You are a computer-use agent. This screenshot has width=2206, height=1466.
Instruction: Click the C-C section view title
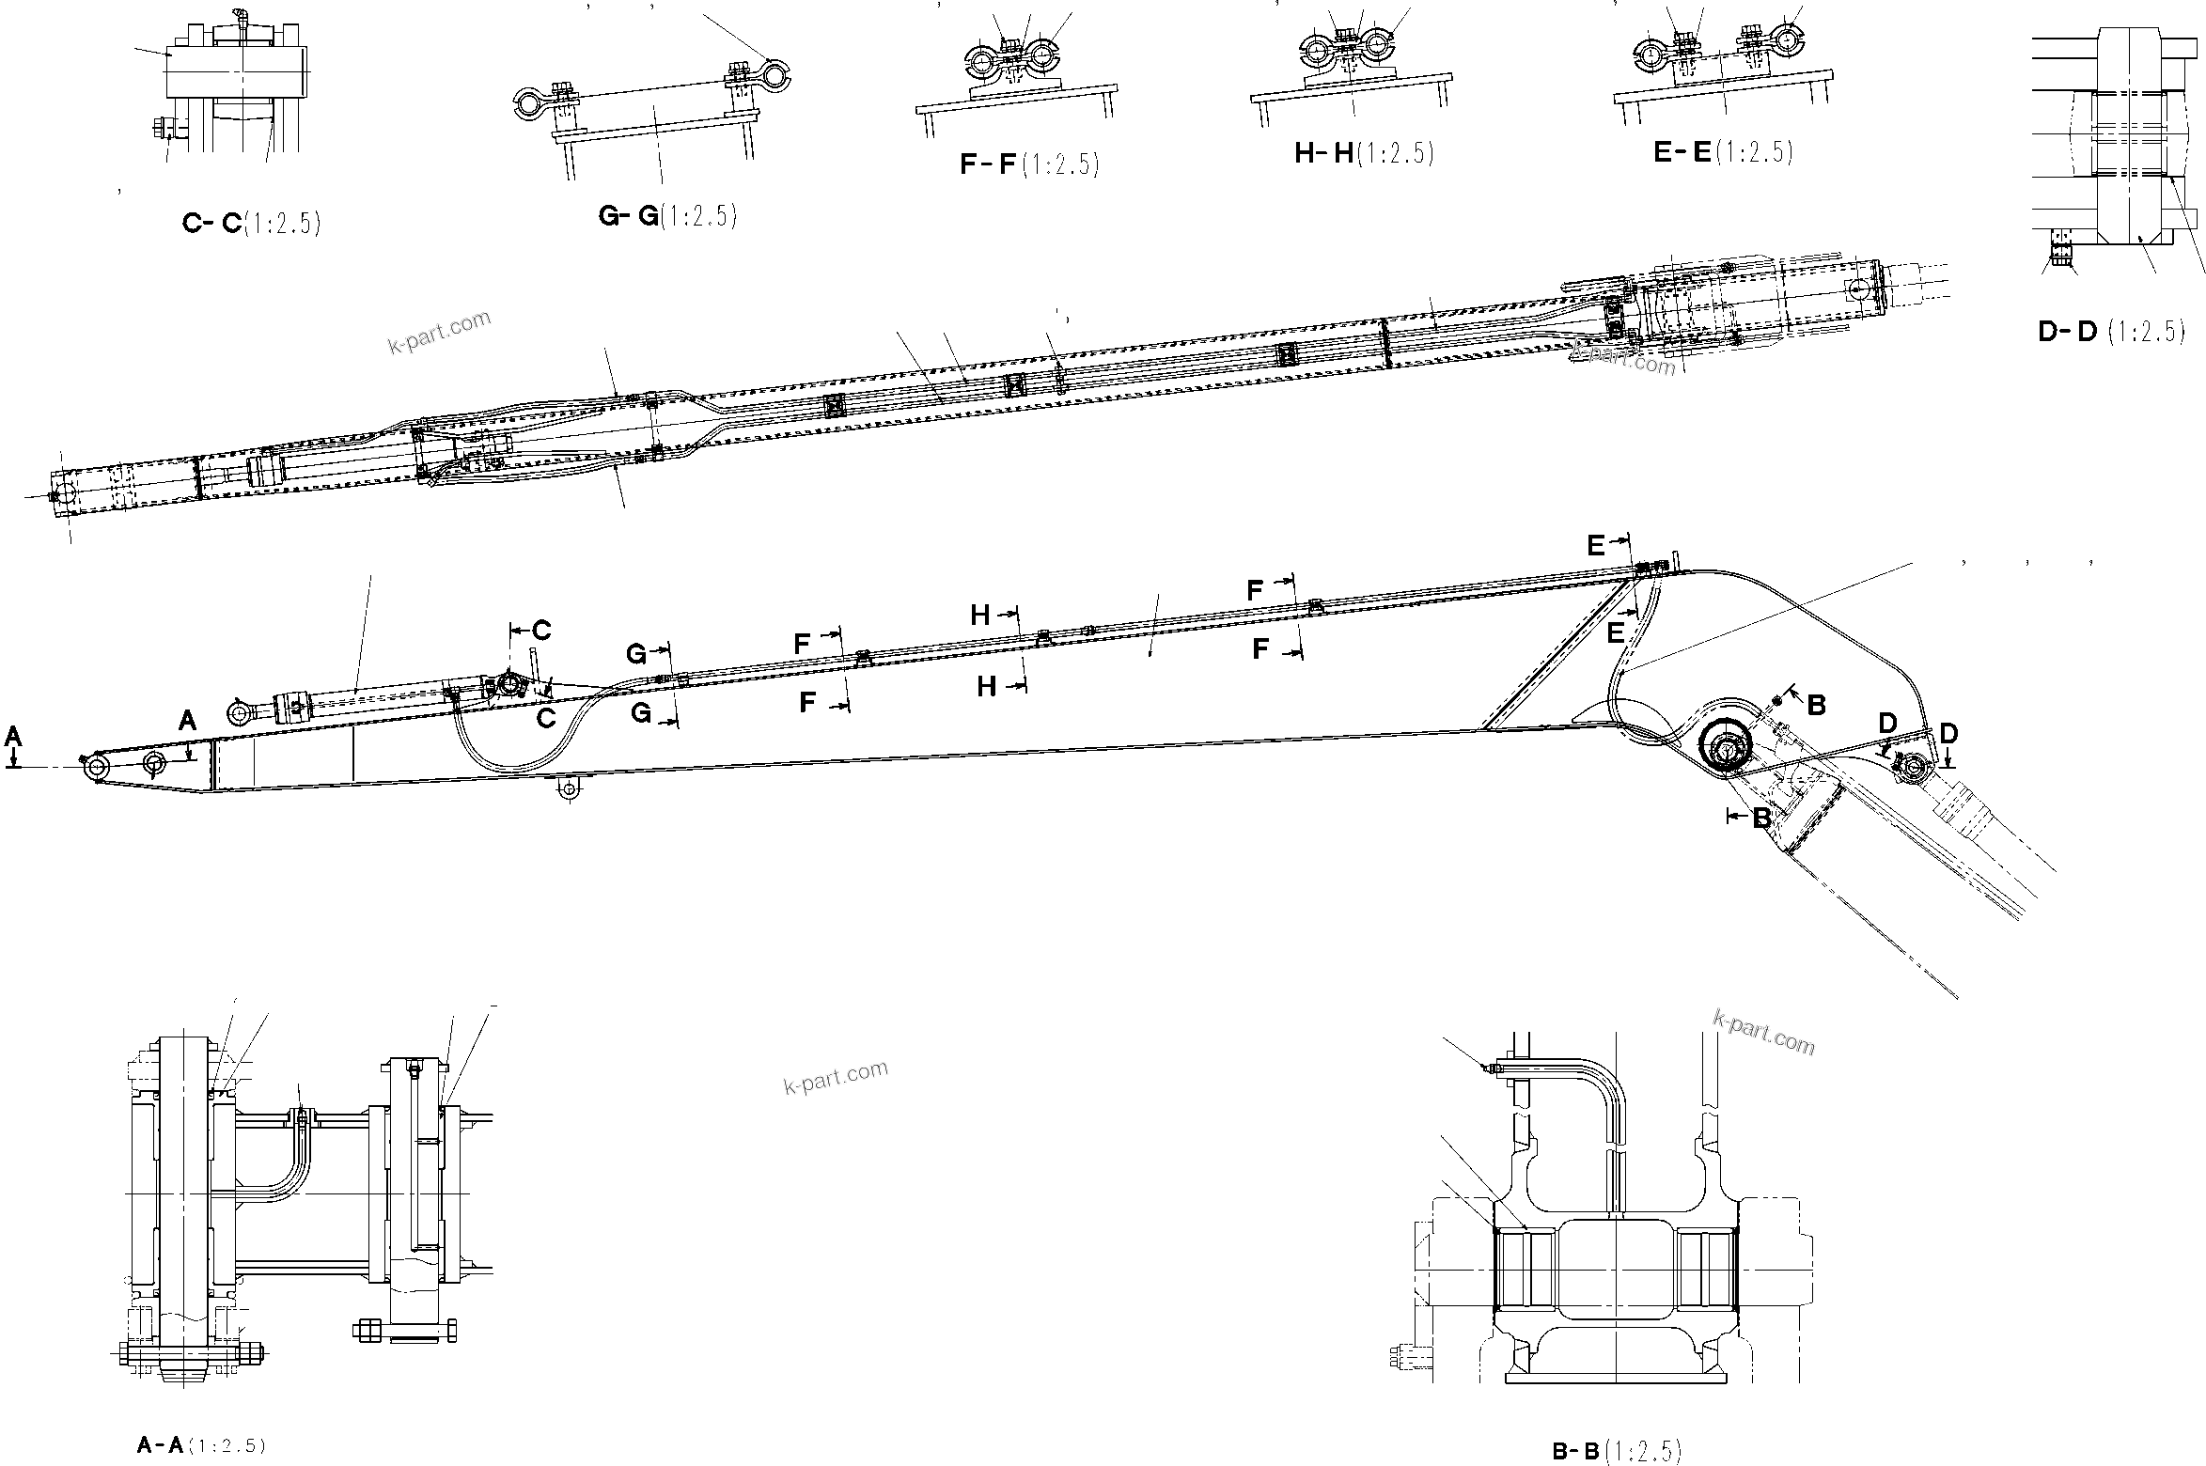[251, 224]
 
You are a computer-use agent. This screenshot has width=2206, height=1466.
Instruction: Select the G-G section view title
[667, 216]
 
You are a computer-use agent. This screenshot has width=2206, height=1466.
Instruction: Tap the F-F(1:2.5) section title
[1028, 164]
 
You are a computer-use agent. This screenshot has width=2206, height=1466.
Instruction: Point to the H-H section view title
[1364, 153]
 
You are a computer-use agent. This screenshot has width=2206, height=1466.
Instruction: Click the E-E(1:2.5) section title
[1723, 152]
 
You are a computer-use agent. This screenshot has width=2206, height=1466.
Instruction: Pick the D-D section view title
[2110, 332]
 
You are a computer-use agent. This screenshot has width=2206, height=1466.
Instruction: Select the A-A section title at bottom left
[201, 1445]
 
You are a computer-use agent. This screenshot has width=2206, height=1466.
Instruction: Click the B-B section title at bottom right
[1615, 1451]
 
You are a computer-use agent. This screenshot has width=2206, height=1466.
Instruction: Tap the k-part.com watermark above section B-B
[1764, 1032]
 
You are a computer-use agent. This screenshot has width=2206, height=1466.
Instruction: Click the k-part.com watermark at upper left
[439, 332]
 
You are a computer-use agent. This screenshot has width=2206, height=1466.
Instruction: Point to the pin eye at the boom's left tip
[95, 768]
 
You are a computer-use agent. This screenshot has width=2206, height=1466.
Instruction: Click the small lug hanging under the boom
[567, 789]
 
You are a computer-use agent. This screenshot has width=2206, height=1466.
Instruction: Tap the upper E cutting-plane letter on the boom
[1596, 546]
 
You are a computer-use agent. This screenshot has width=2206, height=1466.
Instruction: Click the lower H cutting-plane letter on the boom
[986, 687]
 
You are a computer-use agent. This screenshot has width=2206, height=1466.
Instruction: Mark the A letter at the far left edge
[13, 735]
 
